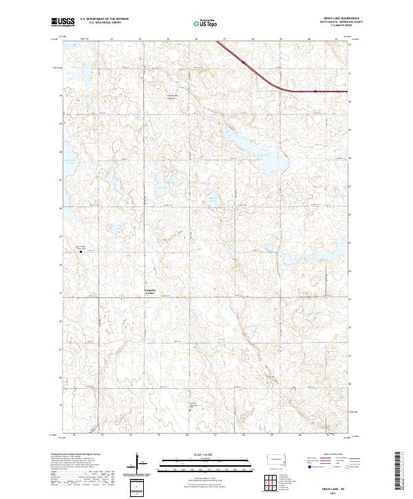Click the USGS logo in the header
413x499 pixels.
(63, 22)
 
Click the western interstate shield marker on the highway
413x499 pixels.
(244, 62)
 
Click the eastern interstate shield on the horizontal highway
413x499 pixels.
(315, 91)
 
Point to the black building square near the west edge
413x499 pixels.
(80, 251)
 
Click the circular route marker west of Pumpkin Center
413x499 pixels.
(121, 297)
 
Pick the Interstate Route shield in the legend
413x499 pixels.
(307, 466)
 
